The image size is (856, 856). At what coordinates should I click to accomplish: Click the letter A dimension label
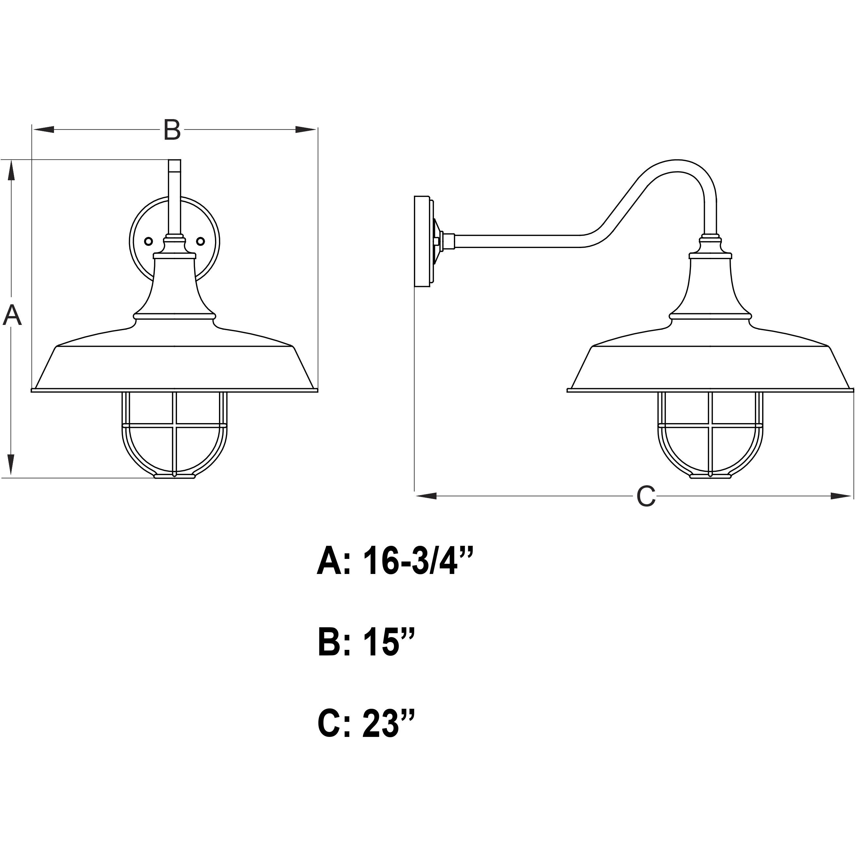click(12, 315)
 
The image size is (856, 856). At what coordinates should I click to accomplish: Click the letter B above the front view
click(172, 130)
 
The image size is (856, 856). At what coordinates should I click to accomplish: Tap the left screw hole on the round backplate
click(149, 241)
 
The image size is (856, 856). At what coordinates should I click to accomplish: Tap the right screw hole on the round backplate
click(201, 241)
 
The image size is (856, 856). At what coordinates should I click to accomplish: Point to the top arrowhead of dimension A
click(11, 170)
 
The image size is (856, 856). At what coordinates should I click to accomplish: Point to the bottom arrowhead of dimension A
click(11, 465)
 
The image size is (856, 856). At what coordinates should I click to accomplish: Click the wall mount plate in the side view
click(422, 241)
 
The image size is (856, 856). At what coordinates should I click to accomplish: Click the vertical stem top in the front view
click(174, 166)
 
